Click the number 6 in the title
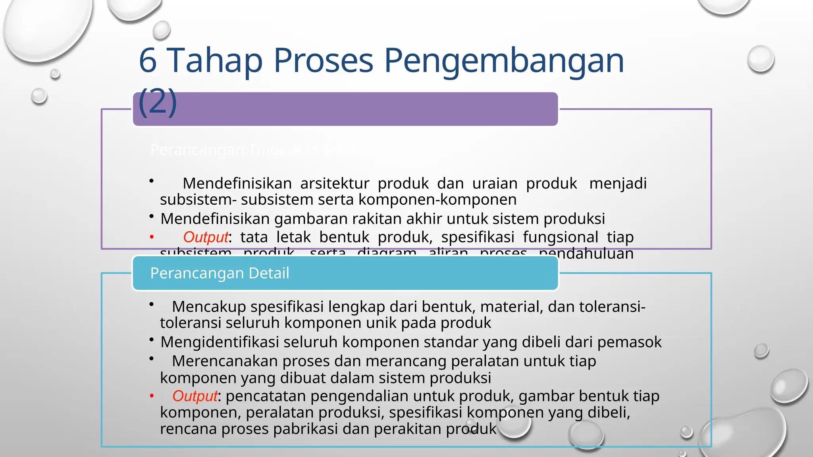148,60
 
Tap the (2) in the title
158,102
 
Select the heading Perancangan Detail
220,273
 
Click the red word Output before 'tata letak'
206,237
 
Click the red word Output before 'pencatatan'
195,396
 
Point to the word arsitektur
335,184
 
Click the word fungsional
560,237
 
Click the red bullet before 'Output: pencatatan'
152,396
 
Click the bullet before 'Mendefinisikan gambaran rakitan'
152,217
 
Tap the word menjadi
618,184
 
